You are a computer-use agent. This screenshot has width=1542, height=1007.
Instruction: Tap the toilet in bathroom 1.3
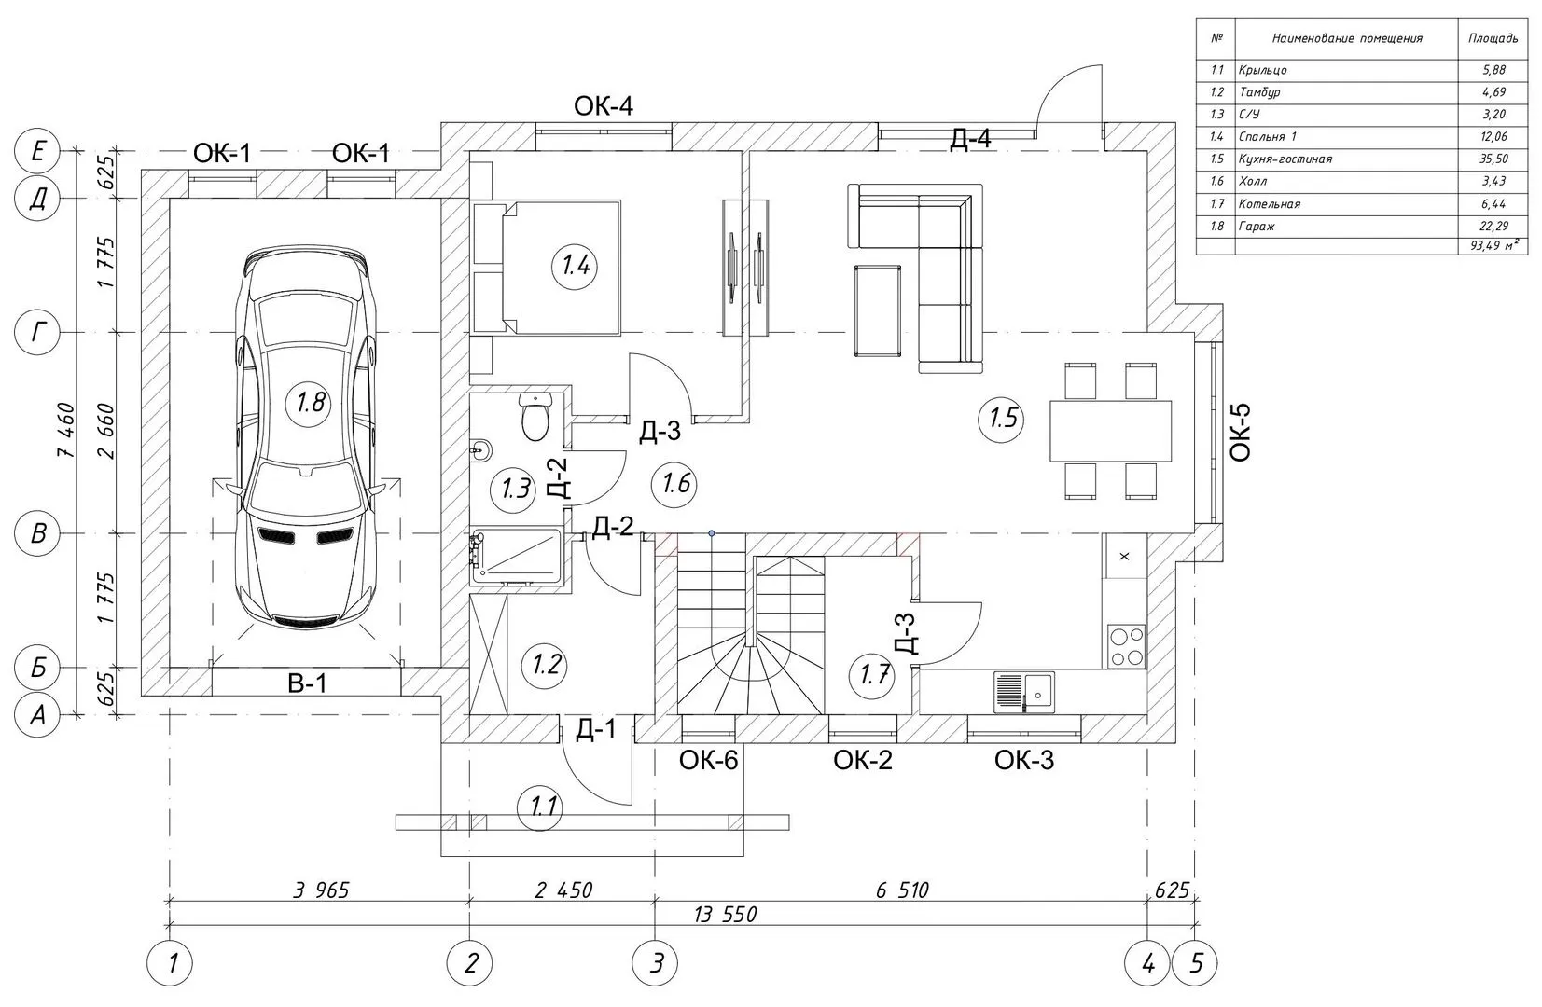pos(535,418)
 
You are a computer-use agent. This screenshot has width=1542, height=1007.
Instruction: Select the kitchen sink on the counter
pos(1024,692)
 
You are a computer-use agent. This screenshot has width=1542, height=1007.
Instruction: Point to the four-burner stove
pos(1127,646)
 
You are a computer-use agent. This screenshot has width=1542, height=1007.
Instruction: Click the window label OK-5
pos(1240,433)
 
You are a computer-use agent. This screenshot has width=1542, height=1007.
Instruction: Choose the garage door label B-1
pos(307,684)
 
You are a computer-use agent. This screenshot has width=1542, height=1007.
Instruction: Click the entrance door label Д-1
pos(596,729)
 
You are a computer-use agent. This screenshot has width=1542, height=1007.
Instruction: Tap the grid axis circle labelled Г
pos(38,333)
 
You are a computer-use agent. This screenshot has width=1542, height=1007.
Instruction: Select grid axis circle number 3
pos(656,963)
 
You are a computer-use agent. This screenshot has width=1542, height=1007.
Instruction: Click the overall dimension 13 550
pos(725,915)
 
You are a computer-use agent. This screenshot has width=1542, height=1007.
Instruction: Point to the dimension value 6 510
pos(902,890)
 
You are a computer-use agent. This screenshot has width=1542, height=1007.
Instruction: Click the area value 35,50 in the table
pos(1493,159)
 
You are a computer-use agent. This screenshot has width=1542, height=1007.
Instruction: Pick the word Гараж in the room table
pos(1257,227)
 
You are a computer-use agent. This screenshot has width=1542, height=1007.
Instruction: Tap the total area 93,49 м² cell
pos(1493,245)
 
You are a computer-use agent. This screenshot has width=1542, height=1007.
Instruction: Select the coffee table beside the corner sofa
pos(878,310)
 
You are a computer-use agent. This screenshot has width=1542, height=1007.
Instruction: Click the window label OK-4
pos(603,106)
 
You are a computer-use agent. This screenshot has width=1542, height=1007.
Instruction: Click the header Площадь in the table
pos(1493,38)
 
